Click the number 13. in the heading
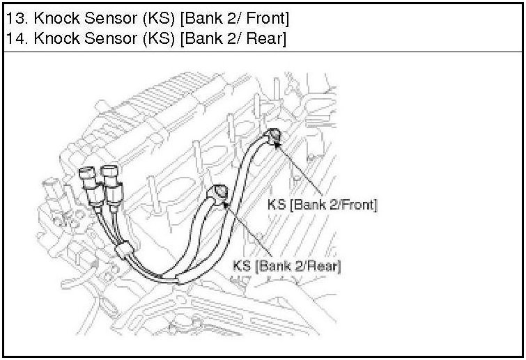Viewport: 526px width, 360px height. pyautogui.click(x=15, y=16)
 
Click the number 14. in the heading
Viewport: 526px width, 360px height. pyautogui.click(x=15, y=38)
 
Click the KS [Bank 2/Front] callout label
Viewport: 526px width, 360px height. pyautogui.click(x=322, y=205)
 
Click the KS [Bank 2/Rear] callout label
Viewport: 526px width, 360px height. pyautogui.click(x=288, y=265)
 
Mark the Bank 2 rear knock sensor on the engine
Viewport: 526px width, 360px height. pyautogui.click(x=219, y=192)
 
